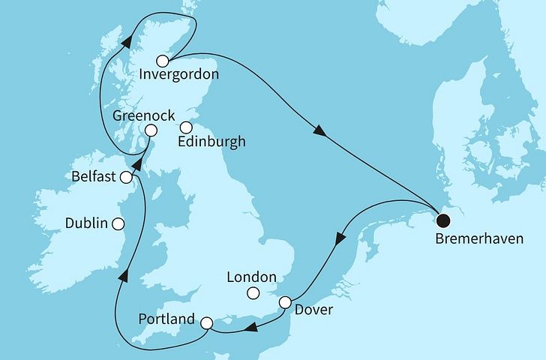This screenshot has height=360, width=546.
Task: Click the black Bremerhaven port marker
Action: pyautogui.click(x=443, y=220)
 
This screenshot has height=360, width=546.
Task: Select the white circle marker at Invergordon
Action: pyautogui.click(x=162, y=61)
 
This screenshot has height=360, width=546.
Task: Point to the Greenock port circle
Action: pyautogui.click(x=151, y=130)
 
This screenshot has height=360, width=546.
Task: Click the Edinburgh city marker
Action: pyautogui.click(x=185, y=127)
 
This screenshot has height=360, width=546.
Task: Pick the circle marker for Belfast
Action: pyautogui.click(x=127, y=177)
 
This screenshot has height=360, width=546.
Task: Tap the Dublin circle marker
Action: pyautogui.click(x=118, y=223)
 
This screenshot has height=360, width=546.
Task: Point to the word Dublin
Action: pyautogui.click(x=86, y=223)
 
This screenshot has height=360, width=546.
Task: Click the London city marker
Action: pyautogui.click(x=253, y=293)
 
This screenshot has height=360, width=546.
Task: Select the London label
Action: pyautogui.click(x=252, y=277)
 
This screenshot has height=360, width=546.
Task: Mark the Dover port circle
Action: pyautogui.click(x=285, y=303)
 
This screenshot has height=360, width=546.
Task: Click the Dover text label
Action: pyautogui.click(x=314, y=309)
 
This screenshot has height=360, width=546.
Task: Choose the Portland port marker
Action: pyautogui.click(x=207, y=323)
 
